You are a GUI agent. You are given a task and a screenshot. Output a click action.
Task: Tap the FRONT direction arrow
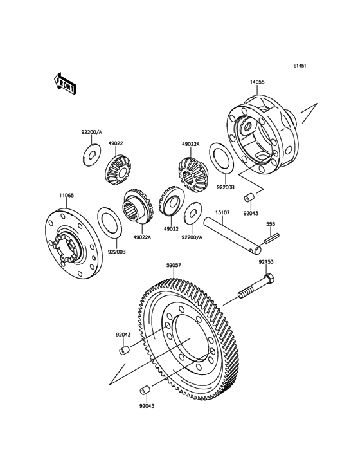click(x=66, y=83)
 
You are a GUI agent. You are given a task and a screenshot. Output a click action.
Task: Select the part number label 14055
click(x=257, y=82)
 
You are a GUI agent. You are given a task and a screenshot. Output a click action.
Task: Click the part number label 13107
click(x=222, y=212)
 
